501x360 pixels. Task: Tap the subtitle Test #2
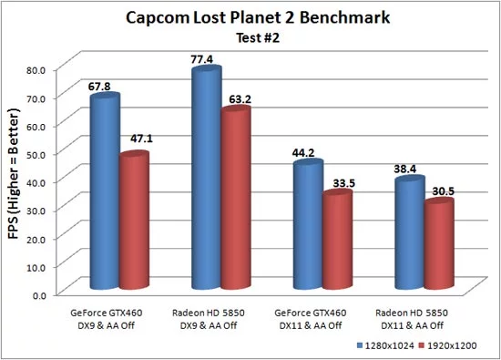pos(251,38)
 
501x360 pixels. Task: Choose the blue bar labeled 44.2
pos(309,228)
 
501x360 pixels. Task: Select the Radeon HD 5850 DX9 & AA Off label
pos(207,319)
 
